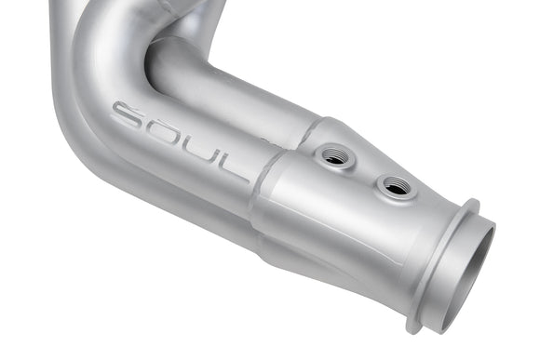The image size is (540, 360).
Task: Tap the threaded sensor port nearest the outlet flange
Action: (397, 187)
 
